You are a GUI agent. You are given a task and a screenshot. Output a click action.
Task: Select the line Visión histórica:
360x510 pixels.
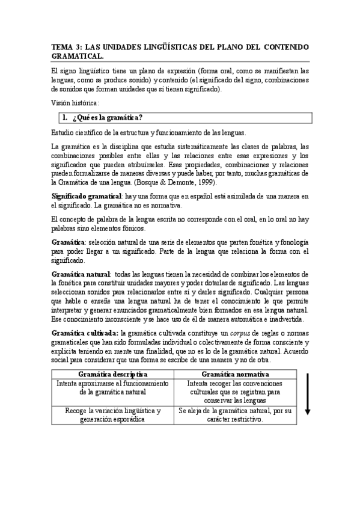76,103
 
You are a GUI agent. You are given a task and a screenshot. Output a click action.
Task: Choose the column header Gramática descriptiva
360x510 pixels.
112,374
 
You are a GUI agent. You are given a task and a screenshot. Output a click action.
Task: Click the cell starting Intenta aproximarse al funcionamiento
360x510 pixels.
112,387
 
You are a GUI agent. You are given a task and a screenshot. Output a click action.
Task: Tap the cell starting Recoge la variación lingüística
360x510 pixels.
112,415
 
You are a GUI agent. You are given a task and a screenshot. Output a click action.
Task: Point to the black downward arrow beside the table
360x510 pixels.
307,394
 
